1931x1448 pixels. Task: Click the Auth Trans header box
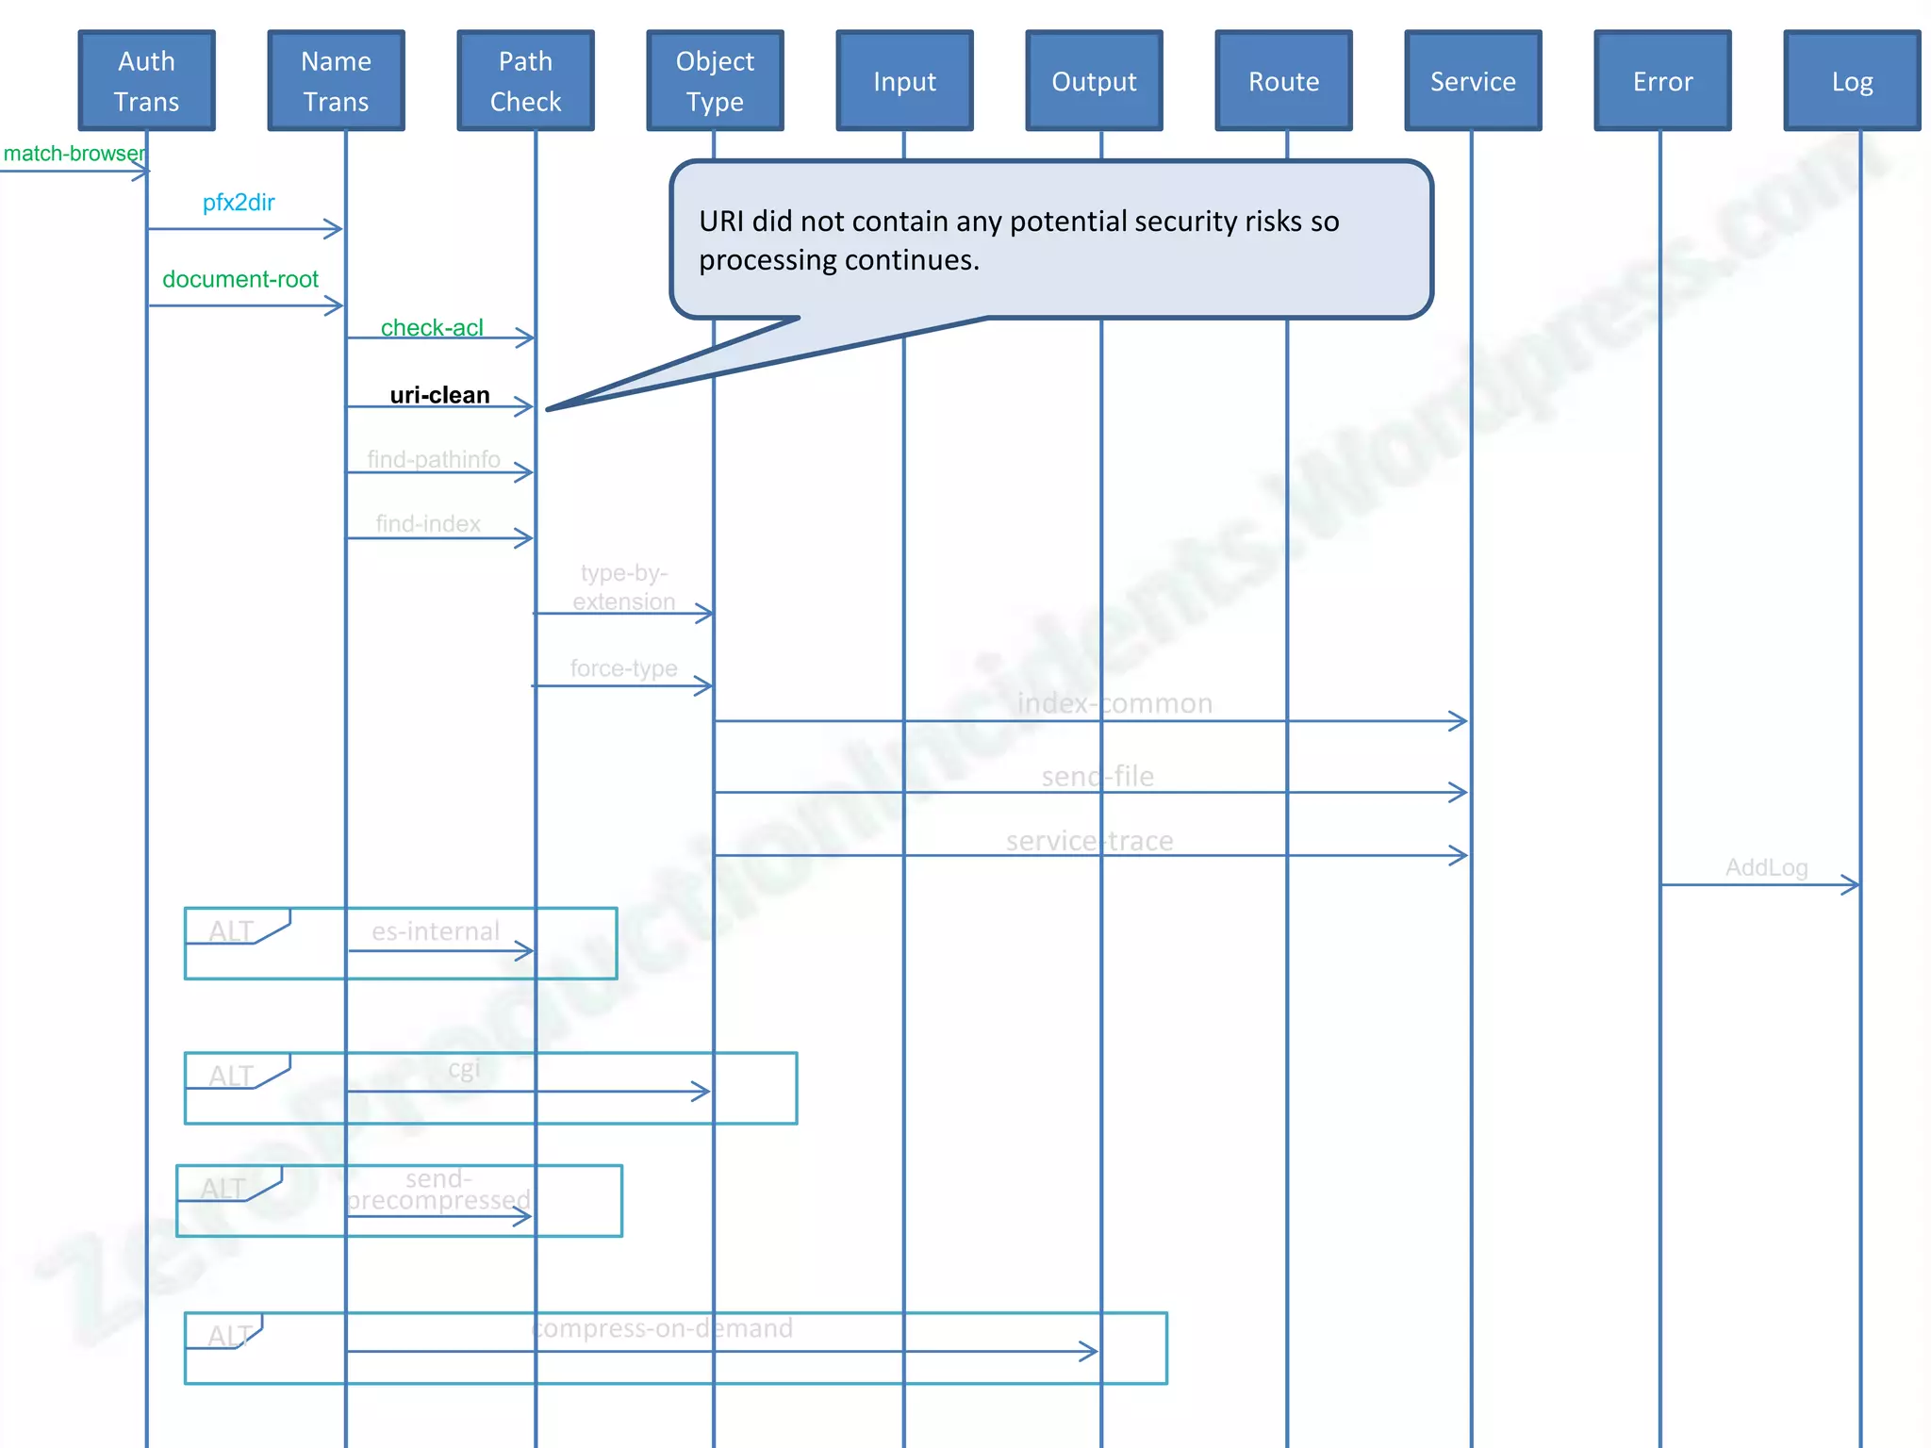pyautogui.click(x=146, y=81)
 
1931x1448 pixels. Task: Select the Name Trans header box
pyautogui.click(x=336, y=81)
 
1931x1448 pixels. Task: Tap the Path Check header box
pyautogui.click(x=525, y=81)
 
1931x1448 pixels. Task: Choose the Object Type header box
pyautogui.click(x=715, y=81)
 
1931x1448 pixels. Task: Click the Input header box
pyautogui.click(x=904, y=81)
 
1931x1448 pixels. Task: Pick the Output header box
pyautogui.click(x=1094, y=81)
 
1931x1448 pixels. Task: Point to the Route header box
pyautogui.click(x=1283, y=81)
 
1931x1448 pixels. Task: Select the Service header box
pyautogui.click(x=1473, y=81)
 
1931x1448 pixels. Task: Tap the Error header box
pyautogui.click(x=1662, y=81)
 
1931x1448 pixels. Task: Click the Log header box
pyautogui.click(x=1852, y=81)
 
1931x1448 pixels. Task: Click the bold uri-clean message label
pyautogui.click(x=439, y=395)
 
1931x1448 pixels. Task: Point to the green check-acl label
pyautogui.click(x=432, y=327)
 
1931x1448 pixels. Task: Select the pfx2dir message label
pyautogui.click(x=239, y=203)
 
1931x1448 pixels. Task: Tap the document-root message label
pyautogui.click(x=240, y=279)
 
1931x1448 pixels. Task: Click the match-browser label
pyautogui.click(x=74, y=154)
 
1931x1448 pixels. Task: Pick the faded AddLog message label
pyautogui.click(x=1766, y=867)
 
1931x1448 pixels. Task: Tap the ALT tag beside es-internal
pyautogui.click(x=231, y=930)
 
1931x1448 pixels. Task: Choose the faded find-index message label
pyautogui.click(x=428, y=523)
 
